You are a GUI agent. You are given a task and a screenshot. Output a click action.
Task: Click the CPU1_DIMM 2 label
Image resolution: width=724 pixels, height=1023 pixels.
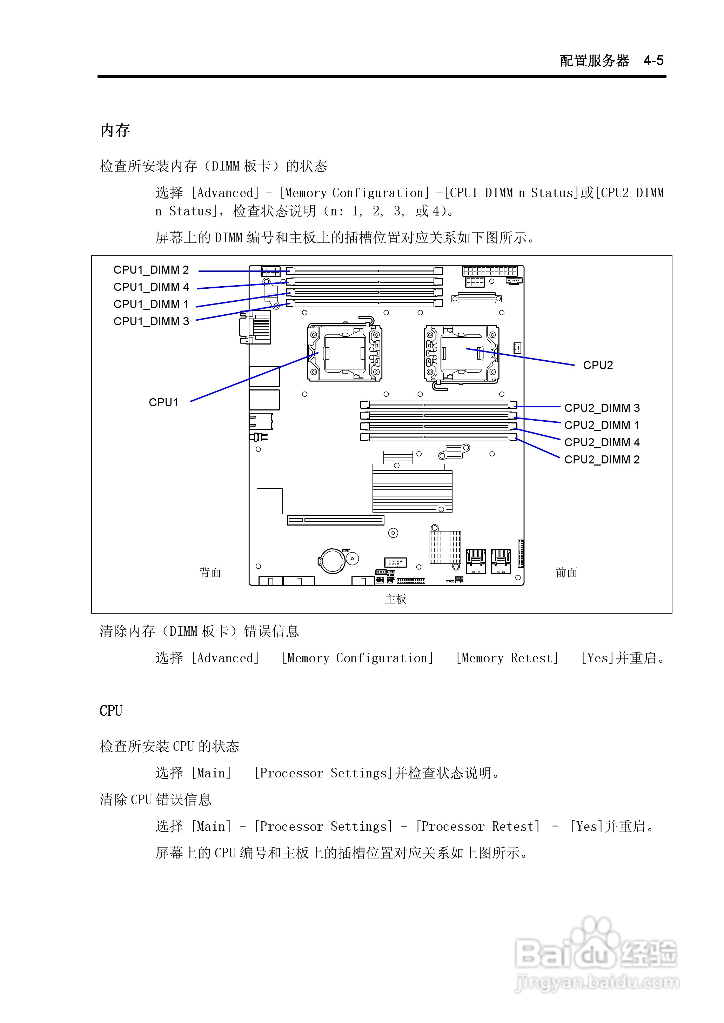pos(151,270)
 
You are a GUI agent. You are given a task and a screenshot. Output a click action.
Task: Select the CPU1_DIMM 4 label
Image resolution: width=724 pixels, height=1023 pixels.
pos(151,287)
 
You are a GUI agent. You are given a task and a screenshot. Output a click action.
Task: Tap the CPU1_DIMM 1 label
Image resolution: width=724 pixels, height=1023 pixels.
pos(151,304)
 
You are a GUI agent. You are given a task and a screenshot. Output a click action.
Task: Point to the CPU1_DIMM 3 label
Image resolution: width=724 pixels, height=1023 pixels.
pos(151,321)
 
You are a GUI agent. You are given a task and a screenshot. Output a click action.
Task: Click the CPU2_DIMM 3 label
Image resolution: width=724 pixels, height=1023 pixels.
pos(602,408)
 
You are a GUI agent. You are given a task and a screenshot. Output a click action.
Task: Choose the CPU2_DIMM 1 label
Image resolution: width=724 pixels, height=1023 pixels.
pos(602,425)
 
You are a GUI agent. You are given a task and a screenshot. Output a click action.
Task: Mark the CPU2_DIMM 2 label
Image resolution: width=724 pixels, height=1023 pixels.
pos(602,460)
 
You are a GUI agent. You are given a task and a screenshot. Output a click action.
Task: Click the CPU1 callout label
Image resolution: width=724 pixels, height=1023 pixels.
pos(163,402)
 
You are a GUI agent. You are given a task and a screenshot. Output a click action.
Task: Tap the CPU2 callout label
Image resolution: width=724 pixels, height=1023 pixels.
pos(598,365)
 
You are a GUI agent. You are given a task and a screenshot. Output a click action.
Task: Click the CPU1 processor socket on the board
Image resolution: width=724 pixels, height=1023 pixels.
pos(344,353)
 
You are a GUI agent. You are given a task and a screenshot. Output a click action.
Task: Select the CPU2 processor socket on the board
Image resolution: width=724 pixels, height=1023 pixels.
pos(461,353)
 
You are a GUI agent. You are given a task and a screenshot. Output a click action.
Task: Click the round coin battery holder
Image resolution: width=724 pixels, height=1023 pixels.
pos(332,561)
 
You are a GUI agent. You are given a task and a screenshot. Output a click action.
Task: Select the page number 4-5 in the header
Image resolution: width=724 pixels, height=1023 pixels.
pos(653,61)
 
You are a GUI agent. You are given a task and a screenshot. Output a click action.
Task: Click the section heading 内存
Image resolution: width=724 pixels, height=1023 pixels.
pos(115,131)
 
